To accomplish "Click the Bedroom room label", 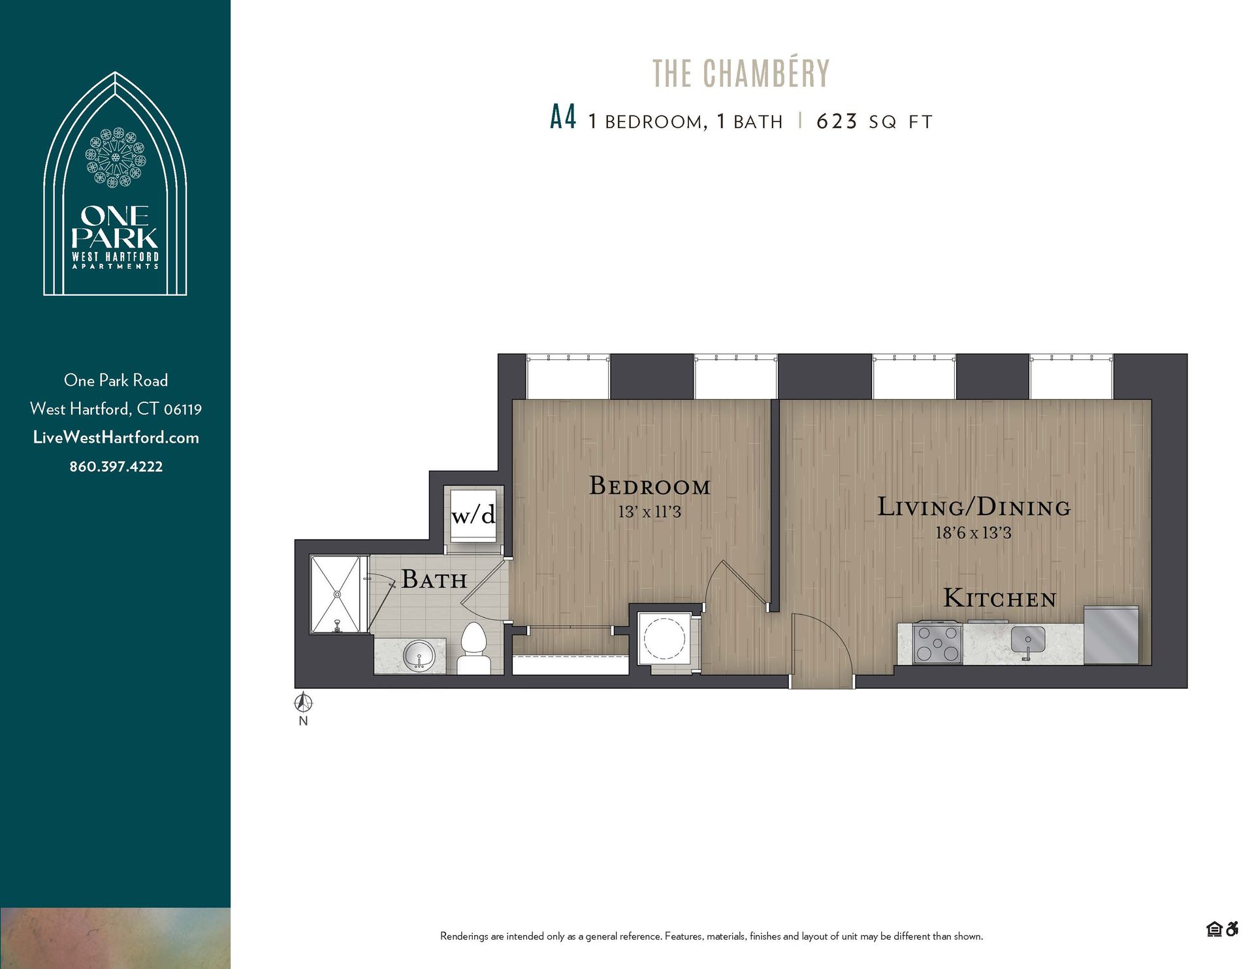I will tap(649, 486).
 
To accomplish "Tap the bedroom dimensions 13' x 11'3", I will tap(649, 513).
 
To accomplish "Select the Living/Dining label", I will tap(973, 507).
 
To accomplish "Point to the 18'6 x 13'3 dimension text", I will tap(973, 533).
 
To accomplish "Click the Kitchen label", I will tap(999, 598).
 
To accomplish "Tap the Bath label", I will tap(434, 579).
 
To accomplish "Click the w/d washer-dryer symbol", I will tap(474, 515).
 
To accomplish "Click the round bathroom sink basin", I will tap(418, 654).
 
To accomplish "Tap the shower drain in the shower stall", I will tap(337, 594).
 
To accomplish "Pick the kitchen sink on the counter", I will tap(1027, 641).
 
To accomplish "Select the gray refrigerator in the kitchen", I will tap(1112, 635).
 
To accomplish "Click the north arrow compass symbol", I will tap(303, 704).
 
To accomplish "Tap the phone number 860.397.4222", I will tap(116, 466).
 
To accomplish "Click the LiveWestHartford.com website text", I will tap(116, 437).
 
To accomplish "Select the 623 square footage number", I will tap(837, 121).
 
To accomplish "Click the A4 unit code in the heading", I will tap(563, 119).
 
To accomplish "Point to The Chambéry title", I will tap(741, 73).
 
